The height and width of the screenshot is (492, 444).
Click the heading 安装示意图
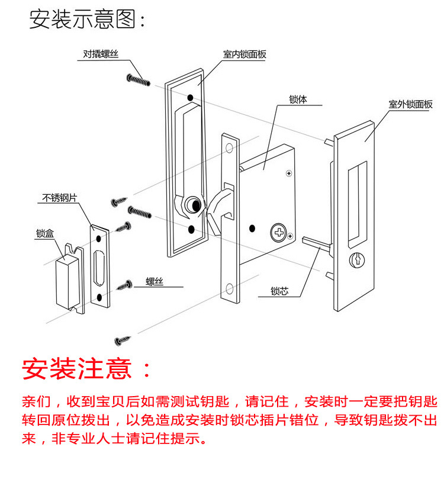click(x=87, y=20)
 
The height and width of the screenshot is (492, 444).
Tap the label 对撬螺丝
click(x=101, y=54)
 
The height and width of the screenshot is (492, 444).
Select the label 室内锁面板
click(x=244, y=54)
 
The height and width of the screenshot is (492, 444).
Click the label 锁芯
click(x=279, y=291)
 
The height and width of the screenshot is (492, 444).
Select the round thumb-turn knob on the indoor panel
click(x=191, y=205)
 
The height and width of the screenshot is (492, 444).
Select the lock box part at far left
click(x=65, y=278)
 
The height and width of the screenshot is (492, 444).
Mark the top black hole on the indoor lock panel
click(x=189, y=98)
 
